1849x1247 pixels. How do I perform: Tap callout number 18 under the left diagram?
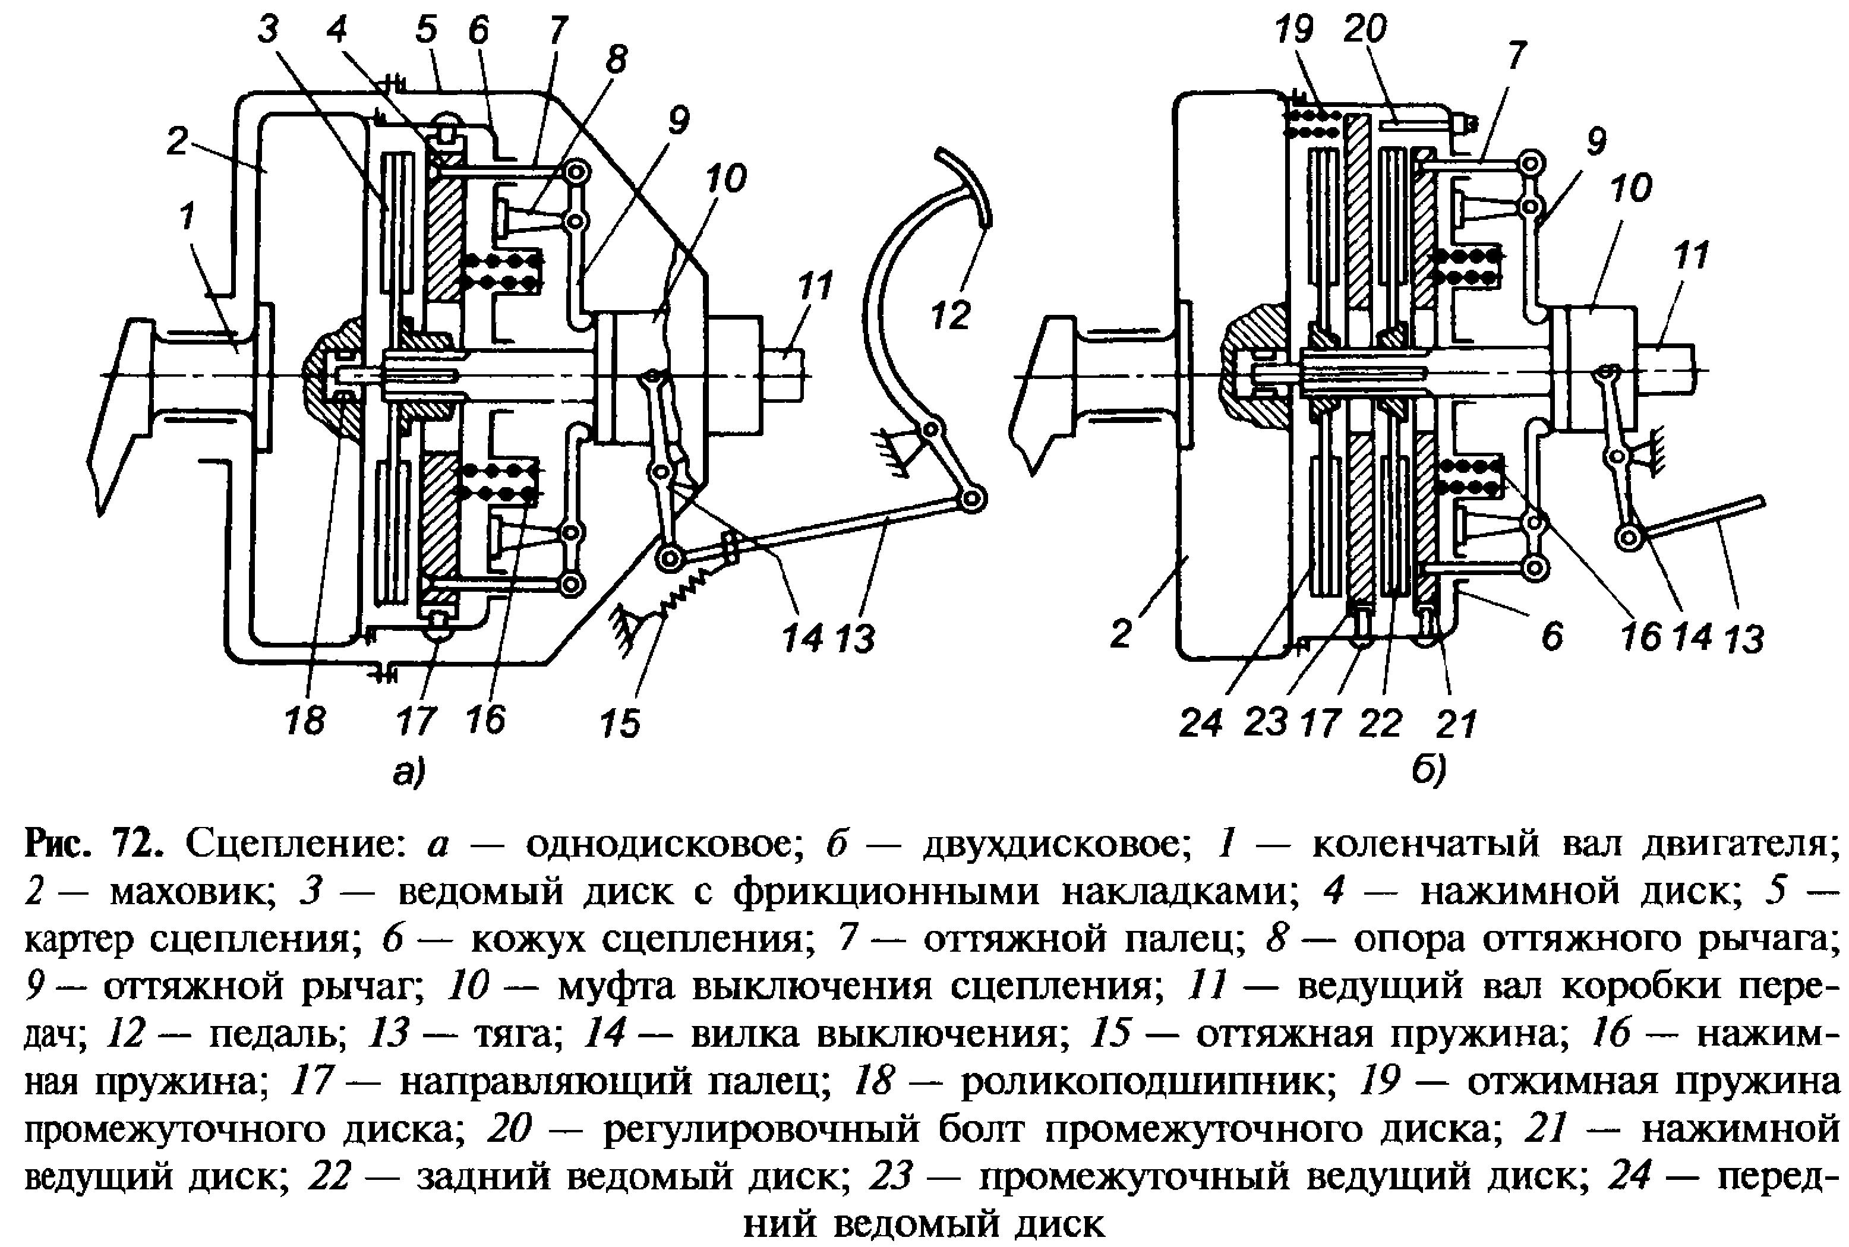305,721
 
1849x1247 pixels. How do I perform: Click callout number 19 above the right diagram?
1294,30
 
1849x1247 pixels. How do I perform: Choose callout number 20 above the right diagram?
1365,30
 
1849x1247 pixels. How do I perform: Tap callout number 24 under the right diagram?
1200,722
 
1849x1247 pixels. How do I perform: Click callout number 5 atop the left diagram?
426,30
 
